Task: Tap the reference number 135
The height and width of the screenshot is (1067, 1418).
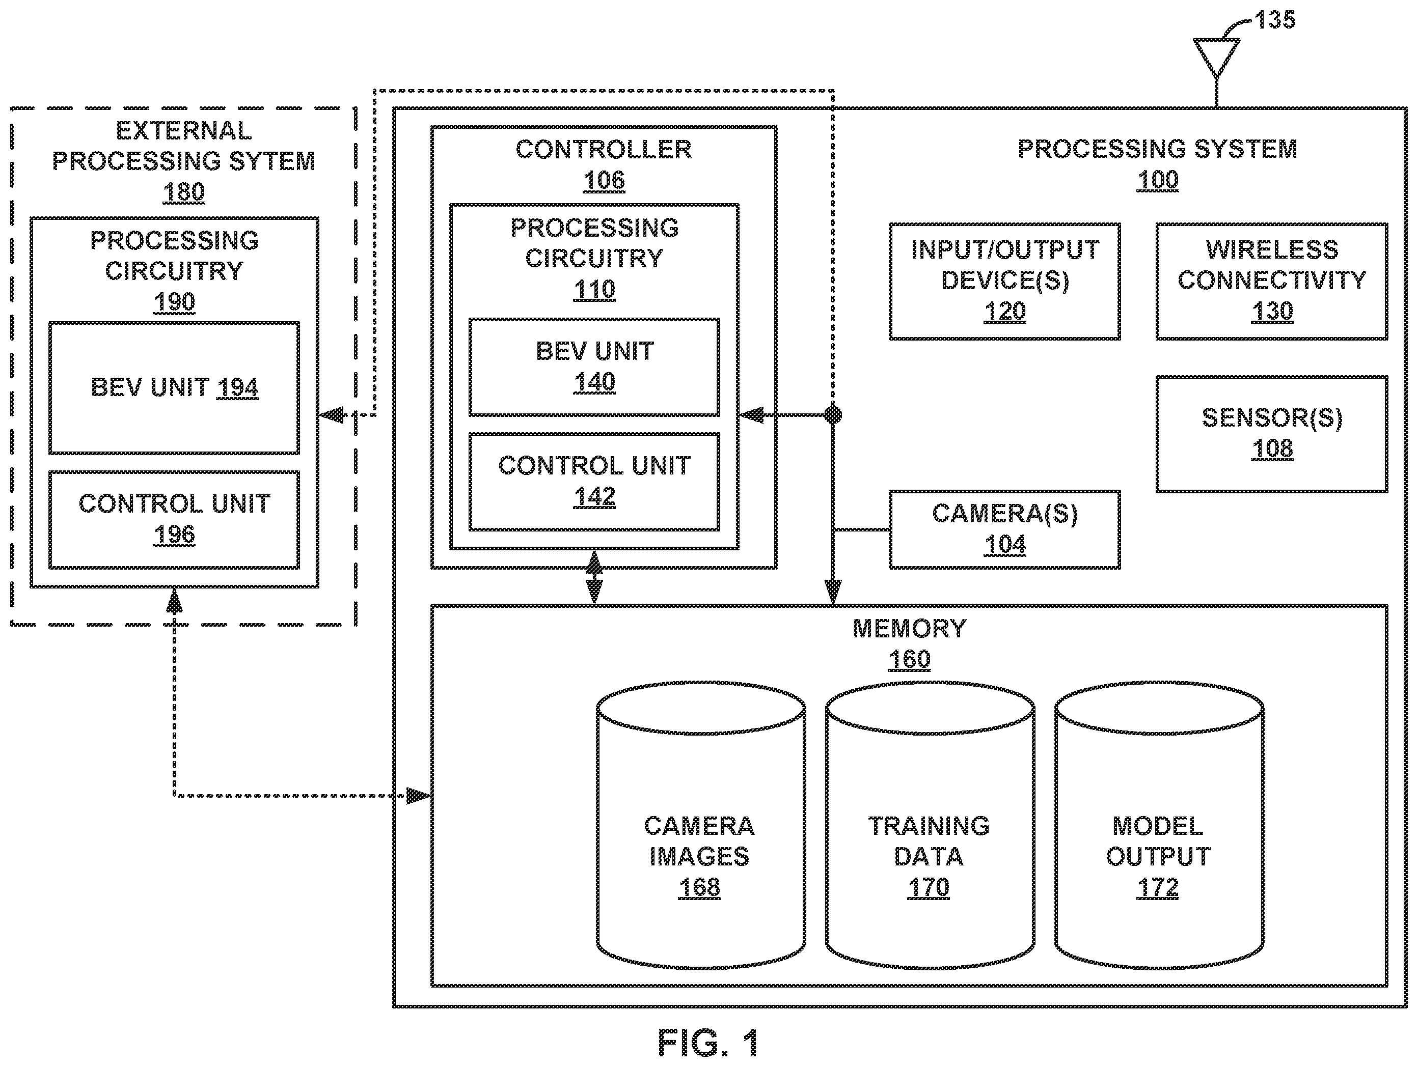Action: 1275,20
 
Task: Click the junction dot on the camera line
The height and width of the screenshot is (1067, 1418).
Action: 833,415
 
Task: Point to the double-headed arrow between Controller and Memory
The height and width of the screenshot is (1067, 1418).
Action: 594,577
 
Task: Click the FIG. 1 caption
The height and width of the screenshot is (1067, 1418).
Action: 708,1043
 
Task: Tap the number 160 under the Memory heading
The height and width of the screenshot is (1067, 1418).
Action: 909,659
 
